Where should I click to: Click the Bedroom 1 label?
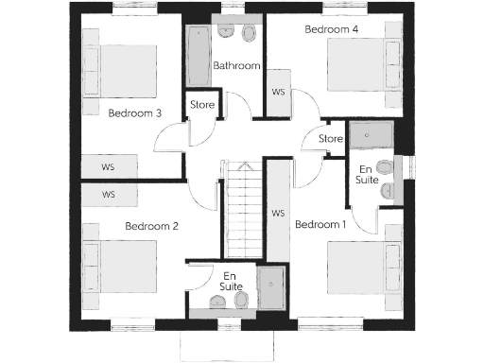(x=320, y=225)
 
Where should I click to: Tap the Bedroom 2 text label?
(x=152, y=226)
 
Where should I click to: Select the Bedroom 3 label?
(x=134, y=113)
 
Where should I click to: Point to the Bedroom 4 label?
(x=332, y=29)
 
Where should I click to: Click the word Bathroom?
(x=236, y=66)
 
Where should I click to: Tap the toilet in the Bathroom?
(x=249, y=34)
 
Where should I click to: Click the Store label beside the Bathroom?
(x=202, y=104)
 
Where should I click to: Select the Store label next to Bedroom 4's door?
(x=331, y=139)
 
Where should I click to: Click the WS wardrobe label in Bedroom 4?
(x=278, y=93)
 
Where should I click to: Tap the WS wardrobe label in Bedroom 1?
(x=278, y=214)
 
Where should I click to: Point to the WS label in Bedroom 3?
(x=108, y=167)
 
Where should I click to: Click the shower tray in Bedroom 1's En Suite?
(x=368, y=140)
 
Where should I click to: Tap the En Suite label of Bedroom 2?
(x=230, y=280)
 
